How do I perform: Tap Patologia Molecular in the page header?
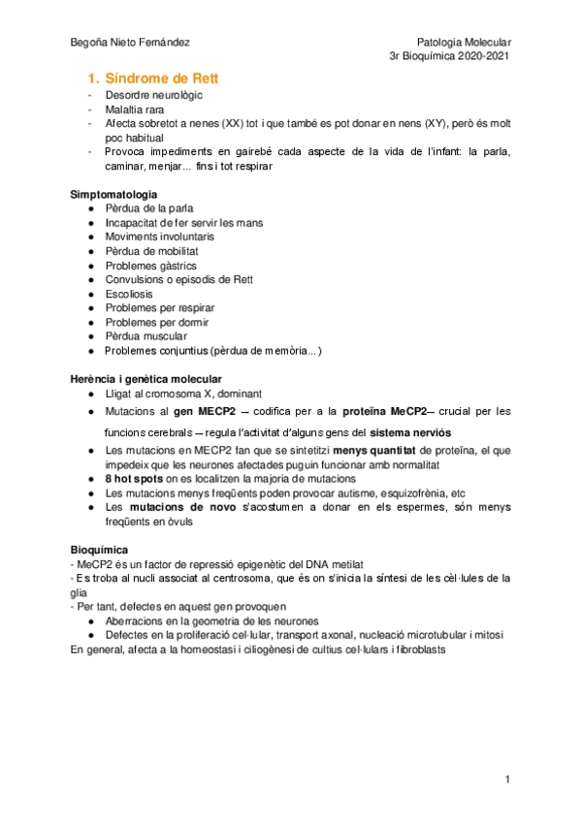tap(463, 43)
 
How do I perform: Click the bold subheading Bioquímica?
tap(101, 549)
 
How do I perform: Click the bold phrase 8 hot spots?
tap(136, 479)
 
